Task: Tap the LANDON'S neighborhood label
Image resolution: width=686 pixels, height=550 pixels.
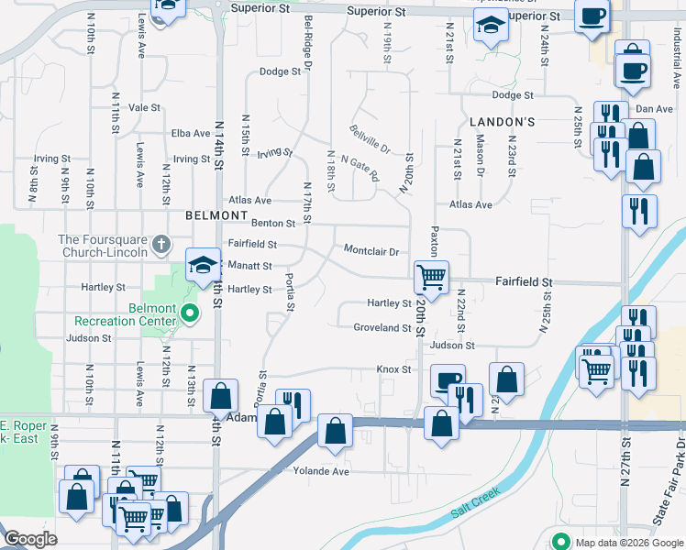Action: pos(502,122)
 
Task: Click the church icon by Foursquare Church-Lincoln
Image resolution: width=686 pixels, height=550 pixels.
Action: pos(161,244)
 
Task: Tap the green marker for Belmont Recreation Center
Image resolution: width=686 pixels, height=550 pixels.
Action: pos(190,314)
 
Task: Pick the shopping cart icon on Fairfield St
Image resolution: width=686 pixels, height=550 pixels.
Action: pos(431,275)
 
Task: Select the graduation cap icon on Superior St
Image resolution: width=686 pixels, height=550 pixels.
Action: pos(492,28)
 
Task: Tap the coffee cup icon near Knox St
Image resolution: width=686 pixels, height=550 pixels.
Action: pos(448,379)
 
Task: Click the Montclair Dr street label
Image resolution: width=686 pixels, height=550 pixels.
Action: pos(371,251)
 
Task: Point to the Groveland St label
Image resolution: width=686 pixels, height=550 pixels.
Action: pos(382,327)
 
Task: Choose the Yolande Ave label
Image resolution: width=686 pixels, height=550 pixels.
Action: pos(321,471)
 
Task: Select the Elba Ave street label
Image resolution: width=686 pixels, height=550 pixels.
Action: pos(191,133)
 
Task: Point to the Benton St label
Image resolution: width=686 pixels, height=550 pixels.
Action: pos(274,223)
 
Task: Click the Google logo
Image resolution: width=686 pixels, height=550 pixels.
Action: pos(30,540)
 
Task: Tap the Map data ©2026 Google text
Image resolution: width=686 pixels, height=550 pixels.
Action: pos(627,543)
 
